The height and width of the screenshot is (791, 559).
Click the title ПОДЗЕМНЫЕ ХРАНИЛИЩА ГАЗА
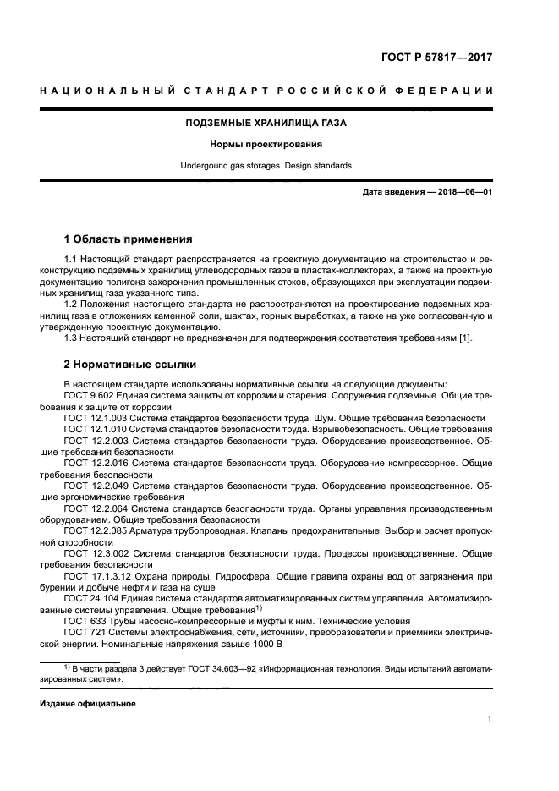[266, 123]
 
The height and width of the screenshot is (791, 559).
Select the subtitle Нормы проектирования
[266, 144]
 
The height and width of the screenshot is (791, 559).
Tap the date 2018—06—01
[463, 192]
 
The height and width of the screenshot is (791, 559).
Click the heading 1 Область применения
[129, 239]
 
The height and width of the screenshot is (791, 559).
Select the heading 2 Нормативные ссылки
[130, 365]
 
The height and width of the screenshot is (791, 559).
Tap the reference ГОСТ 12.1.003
[93, 418]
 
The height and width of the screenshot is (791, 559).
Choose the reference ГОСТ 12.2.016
[93, 463]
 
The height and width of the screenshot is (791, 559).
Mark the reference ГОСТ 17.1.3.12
[96, 575]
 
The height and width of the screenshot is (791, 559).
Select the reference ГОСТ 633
[83, 620]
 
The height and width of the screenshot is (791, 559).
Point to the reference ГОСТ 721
[83, 631]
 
